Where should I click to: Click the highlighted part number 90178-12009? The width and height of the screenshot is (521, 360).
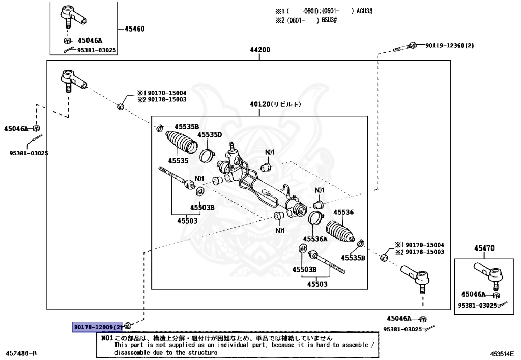[x=98, y=327]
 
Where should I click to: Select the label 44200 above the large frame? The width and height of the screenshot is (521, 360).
[x=260, y=50]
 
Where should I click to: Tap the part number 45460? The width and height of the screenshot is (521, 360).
[x=134, y=29]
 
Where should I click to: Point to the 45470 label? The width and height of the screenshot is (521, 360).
[x=484, y=248]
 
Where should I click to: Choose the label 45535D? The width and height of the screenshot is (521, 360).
[x=210, y=134]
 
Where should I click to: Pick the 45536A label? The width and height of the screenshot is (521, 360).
[x=315, y=239]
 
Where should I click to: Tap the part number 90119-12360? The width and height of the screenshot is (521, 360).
[x=450, y=45]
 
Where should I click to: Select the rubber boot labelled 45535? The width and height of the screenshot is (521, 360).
[x=182, y=142]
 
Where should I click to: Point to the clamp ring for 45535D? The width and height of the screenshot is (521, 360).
[x=208, y=155]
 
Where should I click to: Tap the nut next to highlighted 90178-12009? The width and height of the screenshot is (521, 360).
[x=129, y=325]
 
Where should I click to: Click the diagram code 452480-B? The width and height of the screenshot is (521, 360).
[x=20, y=353]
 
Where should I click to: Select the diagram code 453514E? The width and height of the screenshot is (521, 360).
[x=502, y=354]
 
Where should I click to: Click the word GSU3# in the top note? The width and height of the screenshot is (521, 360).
[x=329, y=20]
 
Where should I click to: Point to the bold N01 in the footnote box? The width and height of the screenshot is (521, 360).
[x=107, y=338]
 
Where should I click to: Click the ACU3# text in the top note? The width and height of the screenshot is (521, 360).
[x=364, y=11]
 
